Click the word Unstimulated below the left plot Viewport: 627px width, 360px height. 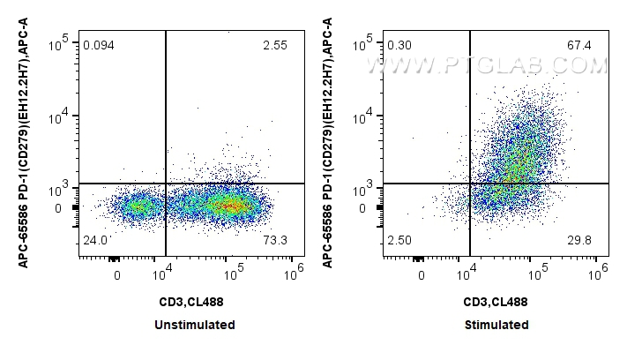(x=195, y=325)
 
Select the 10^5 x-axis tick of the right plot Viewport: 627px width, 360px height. (x=535, y=272)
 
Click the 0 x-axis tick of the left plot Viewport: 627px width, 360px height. (x=116, y=275)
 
